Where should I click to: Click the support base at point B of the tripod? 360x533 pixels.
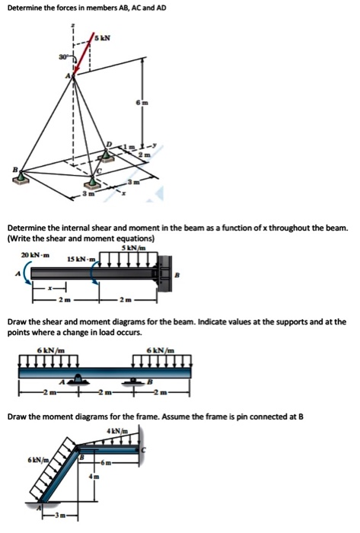pos(19,179)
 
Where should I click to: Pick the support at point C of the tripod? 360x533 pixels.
pos(94,180)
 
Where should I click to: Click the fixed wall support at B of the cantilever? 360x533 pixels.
pos(164,271)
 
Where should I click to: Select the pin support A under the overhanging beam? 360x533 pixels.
pos(78,378)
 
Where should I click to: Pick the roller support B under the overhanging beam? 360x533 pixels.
pos(137,378)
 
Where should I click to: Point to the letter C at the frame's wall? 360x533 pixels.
pos(151,451)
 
